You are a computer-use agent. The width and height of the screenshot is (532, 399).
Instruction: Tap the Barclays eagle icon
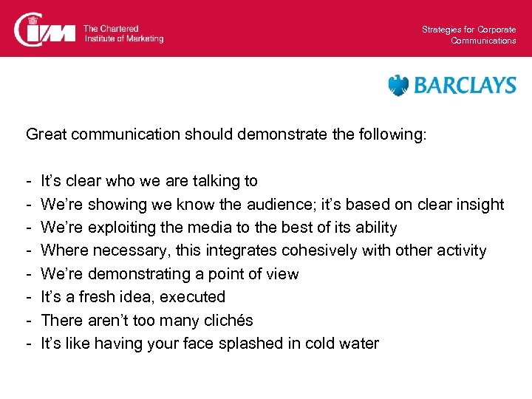(x=398, y=86)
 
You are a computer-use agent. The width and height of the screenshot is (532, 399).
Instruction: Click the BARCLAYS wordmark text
(x=465, y=86)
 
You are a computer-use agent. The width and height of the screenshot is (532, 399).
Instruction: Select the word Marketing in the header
(x=143, y=38)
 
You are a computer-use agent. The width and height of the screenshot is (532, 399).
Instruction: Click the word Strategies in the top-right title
(x=441, y=30)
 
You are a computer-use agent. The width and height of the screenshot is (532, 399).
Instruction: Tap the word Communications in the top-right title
(x=483, y=41)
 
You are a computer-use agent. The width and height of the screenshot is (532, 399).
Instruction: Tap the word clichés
(x=227, y=320)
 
